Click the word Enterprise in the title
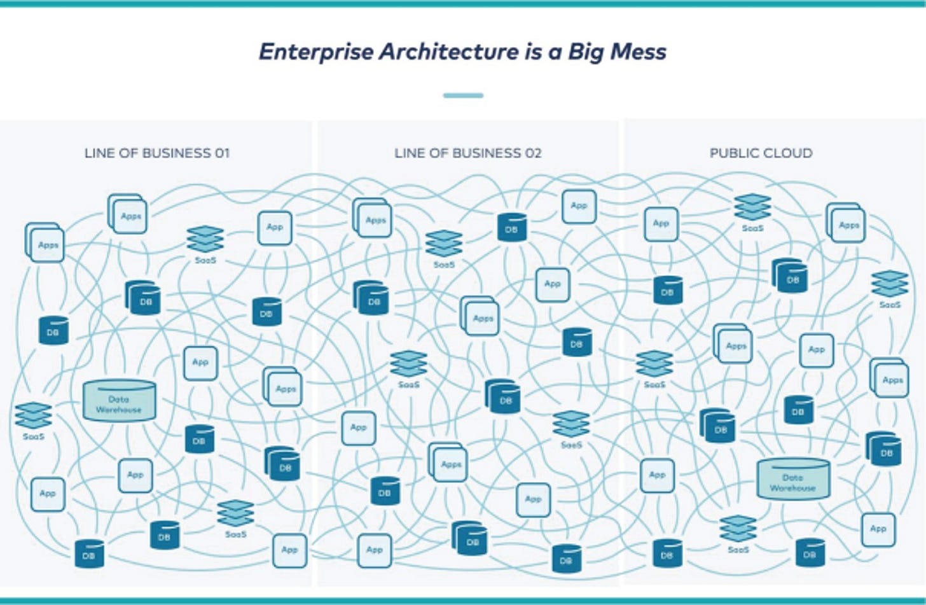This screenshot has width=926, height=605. [316, 52]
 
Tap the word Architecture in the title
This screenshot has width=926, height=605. [448, 52]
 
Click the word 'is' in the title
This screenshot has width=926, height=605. [533, 52]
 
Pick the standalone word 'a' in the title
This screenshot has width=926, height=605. [555, 54]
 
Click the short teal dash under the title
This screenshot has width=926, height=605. [463, 95]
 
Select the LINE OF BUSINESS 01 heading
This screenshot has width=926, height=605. [157, 153]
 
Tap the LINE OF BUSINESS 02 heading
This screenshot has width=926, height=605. [468, 153]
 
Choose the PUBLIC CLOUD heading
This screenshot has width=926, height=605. [761, 153]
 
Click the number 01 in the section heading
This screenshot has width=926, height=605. [221, 153]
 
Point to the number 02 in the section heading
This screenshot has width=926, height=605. [533, 153]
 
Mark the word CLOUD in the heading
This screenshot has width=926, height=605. [787, 153]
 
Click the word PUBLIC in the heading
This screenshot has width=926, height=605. [733, 153]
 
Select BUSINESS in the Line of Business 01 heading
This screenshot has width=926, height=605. [177, 153]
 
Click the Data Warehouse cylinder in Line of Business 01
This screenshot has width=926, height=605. [120, 401]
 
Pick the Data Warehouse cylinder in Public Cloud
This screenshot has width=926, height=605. [793, 479]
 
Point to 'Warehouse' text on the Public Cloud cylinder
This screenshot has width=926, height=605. [792, 489]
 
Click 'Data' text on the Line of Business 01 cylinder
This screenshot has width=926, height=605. [119, 400]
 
